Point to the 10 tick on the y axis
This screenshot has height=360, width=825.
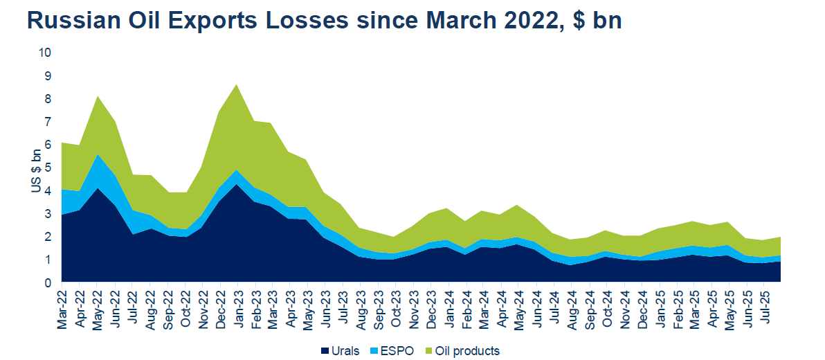[44, 53]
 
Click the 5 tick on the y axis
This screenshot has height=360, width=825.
[47, 168]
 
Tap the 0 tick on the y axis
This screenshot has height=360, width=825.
[47, 282]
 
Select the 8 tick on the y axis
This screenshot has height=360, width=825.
[47, 98]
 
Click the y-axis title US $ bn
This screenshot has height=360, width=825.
[36, 168]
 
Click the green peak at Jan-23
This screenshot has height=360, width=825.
[237, 85]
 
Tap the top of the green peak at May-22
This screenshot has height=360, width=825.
[98, 97]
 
